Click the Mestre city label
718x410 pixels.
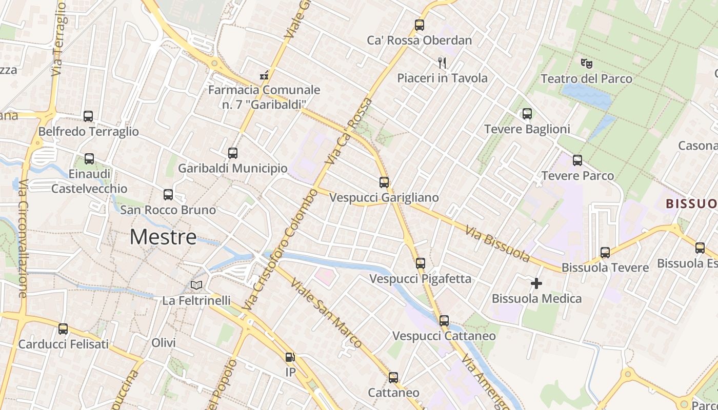163,237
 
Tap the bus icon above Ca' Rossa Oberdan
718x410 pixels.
420,25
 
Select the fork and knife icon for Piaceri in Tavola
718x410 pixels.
442,63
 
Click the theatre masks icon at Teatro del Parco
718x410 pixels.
587,64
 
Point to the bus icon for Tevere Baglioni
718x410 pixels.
527,114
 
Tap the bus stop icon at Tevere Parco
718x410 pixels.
577,160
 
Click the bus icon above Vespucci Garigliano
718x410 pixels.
384,182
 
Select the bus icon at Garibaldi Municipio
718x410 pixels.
233,153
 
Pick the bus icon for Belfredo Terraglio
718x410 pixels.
88,116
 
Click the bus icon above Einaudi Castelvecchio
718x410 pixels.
89,159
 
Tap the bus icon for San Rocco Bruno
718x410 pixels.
168,195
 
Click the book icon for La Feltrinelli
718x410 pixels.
196,285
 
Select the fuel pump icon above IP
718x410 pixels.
290,357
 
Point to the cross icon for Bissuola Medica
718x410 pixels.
536,283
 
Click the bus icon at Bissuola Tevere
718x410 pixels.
605,252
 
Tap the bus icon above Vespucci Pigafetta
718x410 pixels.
421,263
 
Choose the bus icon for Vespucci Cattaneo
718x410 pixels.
444,321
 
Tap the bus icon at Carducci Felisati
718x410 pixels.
63,329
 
